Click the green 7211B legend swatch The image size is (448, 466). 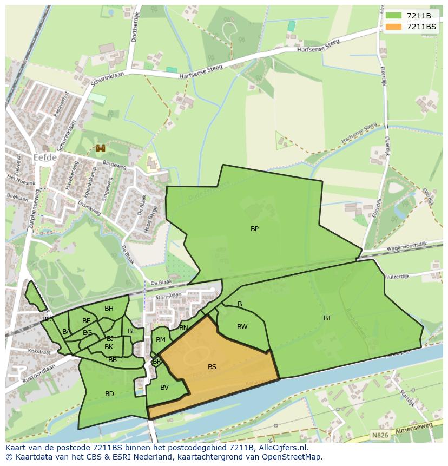pyautogui.click(x=393, y=16)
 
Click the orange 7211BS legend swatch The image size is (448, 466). pyautogui.click(x=393, y=27)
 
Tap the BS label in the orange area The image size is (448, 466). pyautogui.click(x=212, y=367)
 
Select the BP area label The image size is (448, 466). pyautogui.click(x=254, y=229)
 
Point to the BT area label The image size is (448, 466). pyautogui.click(x=327, y=318)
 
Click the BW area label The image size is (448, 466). pyautogui.click(x=242, y=327)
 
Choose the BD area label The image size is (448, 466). pyautogui.click(x=109, y=394)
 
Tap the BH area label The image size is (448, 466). pyautogui.click(x=109, y=309)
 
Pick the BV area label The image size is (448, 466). pyautogui.click(x=164, y=388)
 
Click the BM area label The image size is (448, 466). pyautogui.click(x=160, y=340)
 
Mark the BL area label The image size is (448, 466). pyautogui.click(x=131, y=331)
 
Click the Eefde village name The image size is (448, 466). pyautogui.click(x=45, y=158)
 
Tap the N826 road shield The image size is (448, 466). pyautogui.click(x=380, y=434)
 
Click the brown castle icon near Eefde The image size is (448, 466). pyautogui.click(x=100, y=147)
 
